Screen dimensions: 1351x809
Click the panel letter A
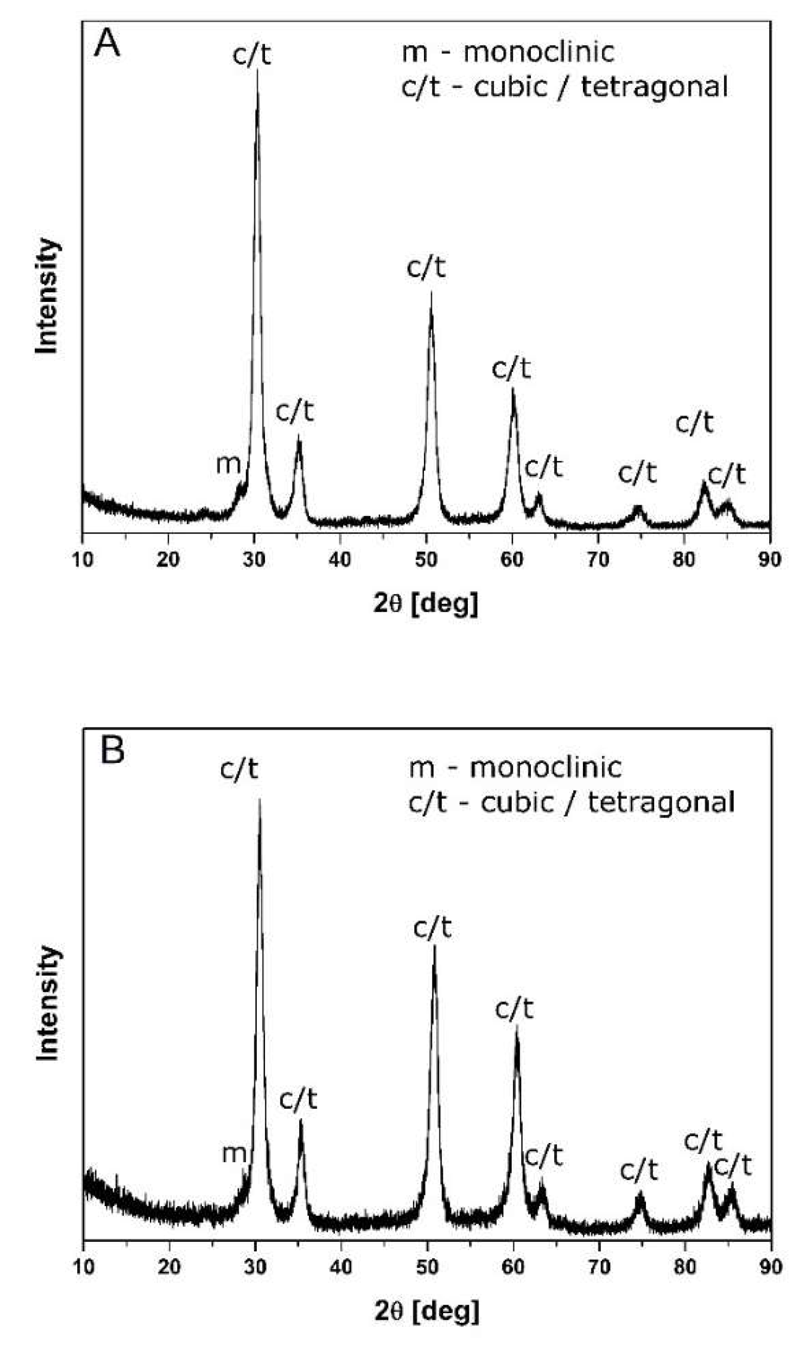[107, 43]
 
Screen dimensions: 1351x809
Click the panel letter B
[113, 751]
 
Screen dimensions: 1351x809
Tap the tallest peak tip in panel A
[257, 71]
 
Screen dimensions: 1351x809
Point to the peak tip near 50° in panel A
[431, 293]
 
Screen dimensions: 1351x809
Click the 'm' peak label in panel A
[228, 464]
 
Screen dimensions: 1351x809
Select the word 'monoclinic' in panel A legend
[538, 53]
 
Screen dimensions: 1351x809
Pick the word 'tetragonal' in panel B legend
[661, 803]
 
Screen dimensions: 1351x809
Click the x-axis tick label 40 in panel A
[340, 559]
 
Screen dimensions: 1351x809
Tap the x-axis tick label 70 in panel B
[599, 1267]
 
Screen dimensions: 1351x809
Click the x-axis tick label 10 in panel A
[82, 559]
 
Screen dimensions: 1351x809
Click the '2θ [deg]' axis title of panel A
[426, 603]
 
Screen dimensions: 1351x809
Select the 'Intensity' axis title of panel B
[48, 1004]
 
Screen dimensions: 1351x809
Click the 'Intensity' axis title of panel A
[47, 296]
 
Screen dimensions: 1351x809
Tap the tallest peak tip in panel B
[259, 800]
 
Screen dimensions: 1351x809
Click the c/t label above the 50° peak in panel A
[426, 268]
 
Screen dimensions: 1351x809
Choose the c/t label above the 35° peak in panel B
[298, 1100]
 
